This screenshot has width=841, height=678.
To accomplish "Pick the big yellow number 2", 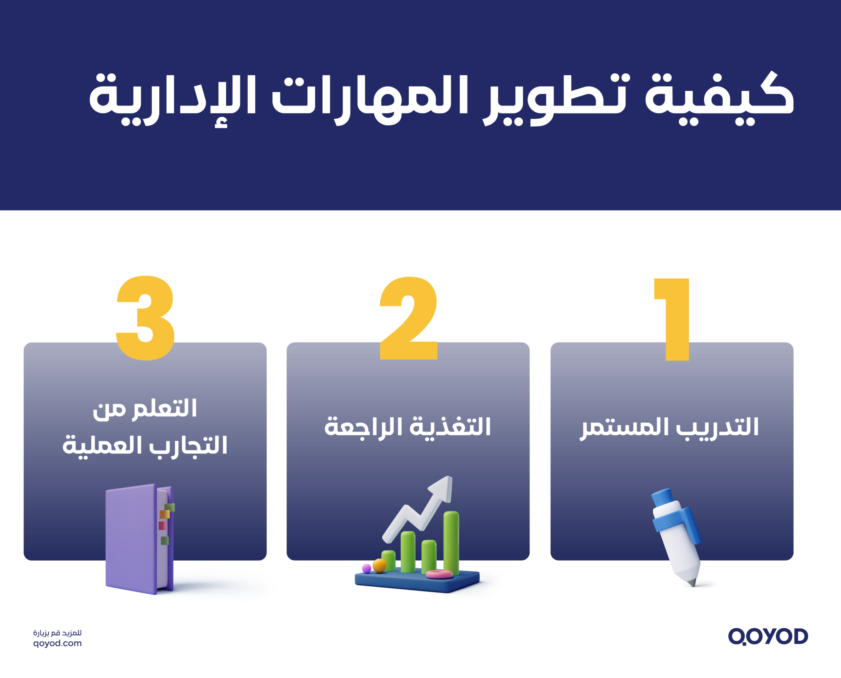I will click(409, 318).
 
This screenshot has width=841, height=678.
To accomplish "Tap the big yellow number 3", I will click(146, 318).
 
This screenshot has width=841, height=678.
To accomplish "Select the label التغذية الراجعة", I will click(407, 427).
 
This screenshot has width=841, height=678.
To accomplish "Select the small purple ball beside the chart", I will click(366, 568).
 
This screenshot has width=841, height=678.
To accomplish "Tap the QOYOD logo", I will click(768, 636).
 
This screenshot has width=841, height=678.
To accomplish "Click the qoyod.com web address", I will click(57, 643).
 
